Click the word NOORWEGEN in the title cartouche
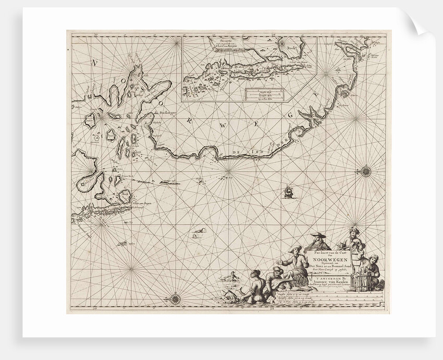point(326,258)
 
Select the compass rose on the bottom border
point(176,298)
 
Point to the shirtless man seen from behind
point(254,285)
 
